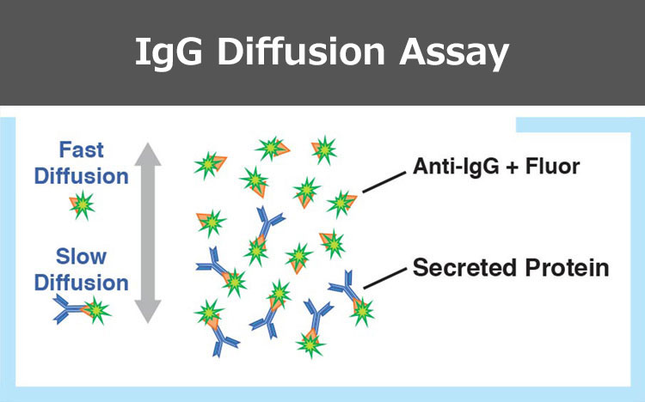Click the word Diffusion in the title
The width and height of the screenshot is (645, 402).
pos(301,52)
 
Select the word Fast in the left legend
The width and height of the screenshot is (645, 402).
pos(82,149)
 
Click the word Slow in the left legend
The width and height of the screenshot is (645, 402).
pos(82,257)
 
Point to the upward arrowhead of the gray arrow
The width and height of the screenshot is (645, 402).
pos(148,154)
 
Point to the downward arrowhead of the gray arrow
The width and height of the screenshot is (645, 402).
pos(148,312)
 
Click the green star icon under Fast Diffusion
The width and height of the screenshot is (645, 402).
pos(83,204)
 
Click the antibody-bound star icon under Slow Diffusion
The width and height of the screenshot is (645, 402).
pos(82,310)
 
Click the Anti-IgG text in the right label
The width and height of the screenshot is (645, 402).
pos(456,167)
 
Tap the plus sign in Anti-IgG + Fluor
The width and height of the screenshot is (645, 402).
pos(512,167)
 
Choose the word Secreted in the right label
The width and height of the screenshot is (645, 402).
pos(464,268)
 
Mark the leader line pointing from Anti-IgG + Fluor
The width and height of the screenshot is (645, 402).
pos(384,182)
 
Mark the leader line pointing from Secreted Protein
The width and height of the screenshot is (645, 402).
pos(385,278)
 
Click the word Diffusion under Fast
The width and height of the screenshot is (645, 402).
pos(82,176)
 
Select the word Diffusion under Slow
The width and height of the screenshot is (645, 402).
pos(82,283)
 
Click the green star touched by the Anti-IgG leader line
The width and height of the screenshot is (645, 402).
pos(341,204)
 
